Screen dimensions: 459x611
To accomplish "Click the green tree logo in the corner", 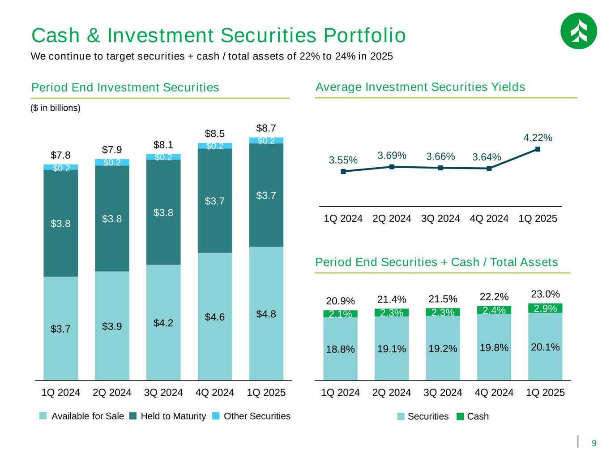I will click(x=578, y=30).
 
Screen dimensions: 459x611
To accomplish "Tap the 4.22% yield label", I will click(x=538, y=138).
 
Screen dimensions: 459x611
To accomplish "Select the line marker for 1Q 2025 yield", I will click(x=538, y=150).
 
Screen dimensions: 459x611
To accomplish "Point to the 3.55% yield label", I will click(x=343, y=160).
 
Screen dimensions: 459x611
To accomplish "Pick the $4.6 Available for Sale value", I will click(x=214, y=317).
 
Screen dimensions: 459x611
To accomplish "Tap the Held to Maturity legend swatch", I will click(x=133, y=416).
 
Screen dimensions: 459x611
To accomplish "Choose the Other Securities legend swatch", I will click(x=216, y=416).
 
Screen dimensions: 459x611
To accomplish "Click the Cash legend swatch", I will click(x=460, y=416).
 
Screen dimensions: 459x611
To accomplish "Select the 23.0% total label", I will click(x=545, y=294).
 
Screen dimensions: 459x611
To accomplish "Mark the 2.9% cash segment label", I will click(x=545, y=308).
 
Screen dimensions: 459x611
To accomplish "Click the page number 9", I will click(x=594, y=443).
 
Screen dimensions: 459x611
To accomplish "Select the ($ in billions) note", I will click(x=56, y=108).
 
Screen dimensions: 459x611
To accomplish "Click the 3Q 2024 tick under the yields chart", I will click(x=440, y=219).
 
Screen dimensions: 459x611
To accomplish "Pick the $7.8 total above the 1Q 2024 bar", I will click(x=60, y=156).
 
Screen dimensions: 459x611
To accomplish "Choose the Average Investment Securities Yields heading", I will click(x=420, y=87).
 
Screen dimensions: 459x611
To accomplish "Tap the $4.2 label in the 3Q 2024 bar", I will click(x=163, y=323).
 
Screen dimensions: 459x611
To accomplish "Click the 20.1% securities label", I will click(x=545, y=346).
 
